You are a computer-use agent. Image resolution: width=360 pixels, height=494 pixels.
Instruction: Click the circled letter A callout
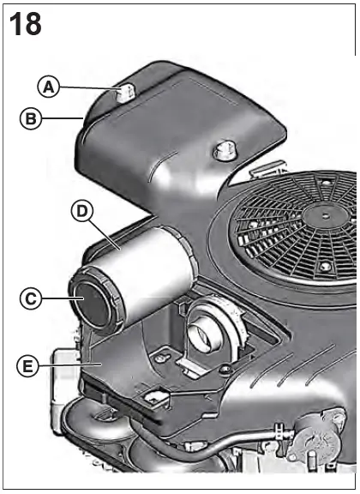pyautogui.click(x=51, y=86)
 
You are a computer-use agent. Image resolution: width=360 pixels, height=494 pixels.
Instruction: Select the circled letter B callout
pyautogui.click(x=31, y=121)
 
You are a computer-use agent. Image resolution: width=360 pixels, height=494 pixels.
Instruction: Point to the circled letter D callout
pyautogui.click(x=81, y=212)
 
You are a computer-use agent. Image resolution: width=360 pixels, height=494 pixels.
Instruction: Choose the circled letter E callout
pyautogui.click(x=29, y=366)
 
